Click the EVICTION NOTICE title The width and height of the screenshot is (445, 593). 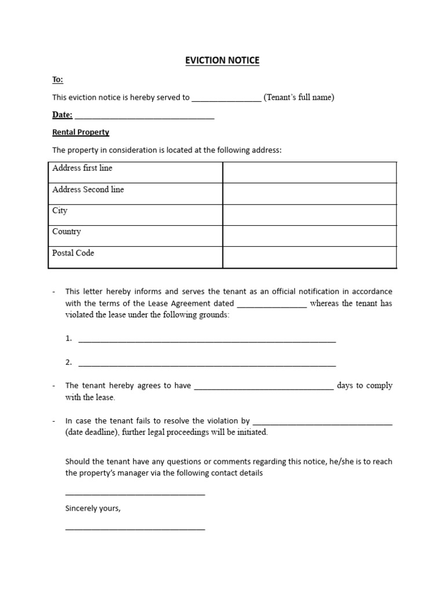pos(222,60)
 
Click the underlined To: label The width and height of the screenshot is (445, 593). pos(58,79)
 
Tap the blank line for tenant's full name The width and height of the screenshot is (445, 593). pos(226,99)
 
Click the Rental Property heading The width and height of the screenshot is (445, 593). pos(81,132)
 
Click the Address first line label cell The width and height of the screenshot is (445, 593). pos(82,168)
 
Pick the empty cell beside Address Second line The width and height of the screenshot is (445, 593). pos(309,193)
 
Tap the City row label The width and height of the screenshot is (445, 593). pos(60,211)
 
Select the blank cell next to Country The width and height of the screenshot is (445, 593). pos(309,236)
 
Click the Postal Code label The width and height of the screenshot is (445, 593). pos(73,253)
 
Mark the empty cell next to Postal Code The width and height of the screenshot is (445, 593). pos(309,257)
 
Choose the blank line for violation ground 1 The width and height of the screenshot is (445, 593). pos(207,341)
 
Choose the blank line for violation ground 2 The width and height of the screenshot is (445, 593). pos(207,364)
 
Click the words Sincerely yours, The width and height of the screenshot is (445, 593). pos(93,508)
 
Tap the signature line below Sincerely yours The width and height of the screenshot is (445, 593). pos(135,528)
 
